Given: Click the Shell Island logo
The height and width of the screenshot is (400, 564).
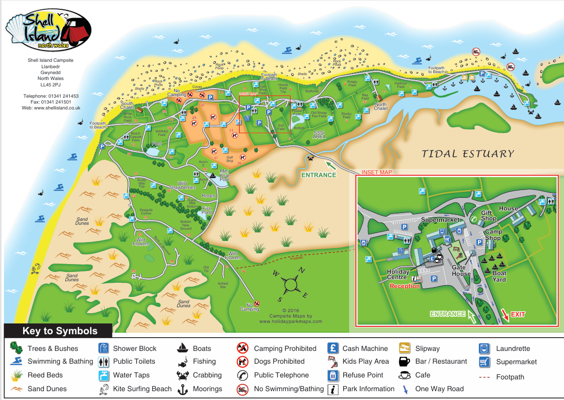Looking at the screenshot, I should [48, 30].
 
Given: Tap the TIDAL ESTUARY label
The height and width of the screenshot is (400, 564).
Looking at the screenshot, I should [468, 154].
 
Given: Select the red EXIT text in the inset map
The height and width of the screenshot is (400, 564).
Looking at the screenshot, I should [518, 314].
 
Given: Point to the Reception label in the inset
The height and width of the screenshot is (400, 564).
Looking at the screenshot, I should [405, 286].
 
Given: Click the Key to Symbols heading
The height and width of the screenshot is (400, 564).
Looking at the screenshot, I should [60, 331].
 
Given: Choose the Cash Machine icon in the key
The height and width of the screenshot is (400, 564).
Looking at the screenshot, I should [333, 348].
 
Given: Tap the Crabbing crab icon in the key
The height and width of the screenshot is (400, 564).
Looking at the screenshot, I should [182, 375].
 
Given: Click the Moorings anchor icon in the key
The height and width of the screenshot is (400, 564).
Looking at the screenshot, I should [182, 389].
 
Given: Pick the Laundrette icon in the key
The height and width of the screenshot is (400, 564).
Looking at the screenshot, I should [484, 349].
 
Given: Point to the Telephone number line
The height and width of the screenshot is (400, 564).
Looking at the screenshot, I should [51, 96].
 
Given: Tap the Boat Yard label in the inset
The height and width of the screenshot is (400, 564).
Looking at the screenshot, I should [499, 276].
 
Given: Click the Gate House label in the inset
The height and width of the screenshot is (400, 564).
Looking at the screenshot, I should [461, 270].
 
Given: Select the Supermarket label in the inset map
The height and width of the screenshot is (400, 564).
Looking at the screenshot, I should [440, 219].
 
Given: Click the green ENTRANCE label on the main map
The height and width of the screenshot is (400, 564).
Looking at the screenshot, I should [319, 175].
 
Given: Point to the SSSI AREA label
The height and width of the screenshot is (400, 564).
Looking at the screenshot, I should [319, 135].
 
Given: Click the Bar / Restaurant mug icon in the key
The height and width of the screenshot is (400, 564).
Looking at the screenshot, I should [405, 362].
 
